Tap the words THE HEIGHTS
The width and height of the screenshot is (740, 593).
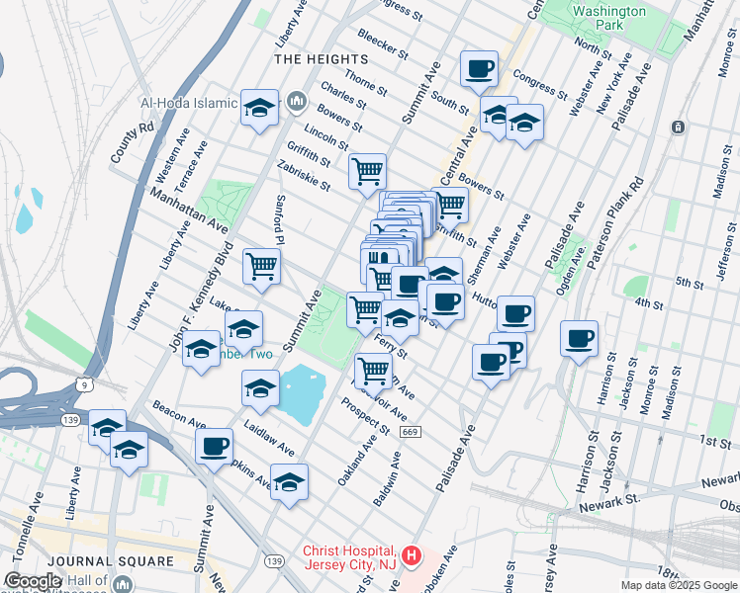pyautogui.click(x=314, y=59)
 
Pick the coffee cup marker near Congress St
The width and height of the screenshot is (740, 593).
pyautogui.click(x=479, y=69)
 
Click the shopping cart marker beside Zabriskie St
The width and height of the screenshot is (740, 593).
pyautogui.click(x=367, y=172)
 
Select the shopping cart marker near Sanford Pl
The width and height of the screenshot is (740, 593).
pyautogui.click(x=261, y=266)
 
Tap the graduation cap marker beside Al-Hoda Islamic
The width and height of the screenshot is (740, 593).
pyautogui.click(x=259, y=109)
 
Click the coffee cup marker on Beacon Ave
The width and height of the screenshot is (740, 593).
pyautogui.click(x=214, y=447)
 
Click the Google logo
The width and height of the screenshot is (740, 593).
pyautogui.click(x=33, y=581)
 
